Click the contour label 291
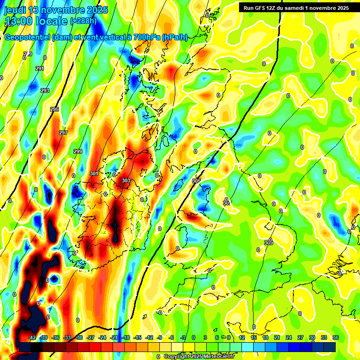point(40,69)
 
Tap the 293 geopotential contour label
point(45,90)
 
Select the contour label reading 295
point(54,109)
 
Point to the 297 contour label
point(63,133)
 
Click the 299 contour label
point(78,151)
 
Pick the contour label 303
point(126,180)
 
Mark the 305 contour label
point(196,181)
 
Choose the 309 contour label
point(268,243)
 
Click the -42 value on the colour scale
point(32,337)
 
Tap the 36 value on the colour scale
point(336,337)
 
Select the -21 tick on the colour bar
point(114,337)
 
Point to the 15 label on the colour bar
point(254,337)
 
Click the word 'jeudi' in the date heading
point(16,9)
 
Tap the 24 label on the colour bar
point(289,337)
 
